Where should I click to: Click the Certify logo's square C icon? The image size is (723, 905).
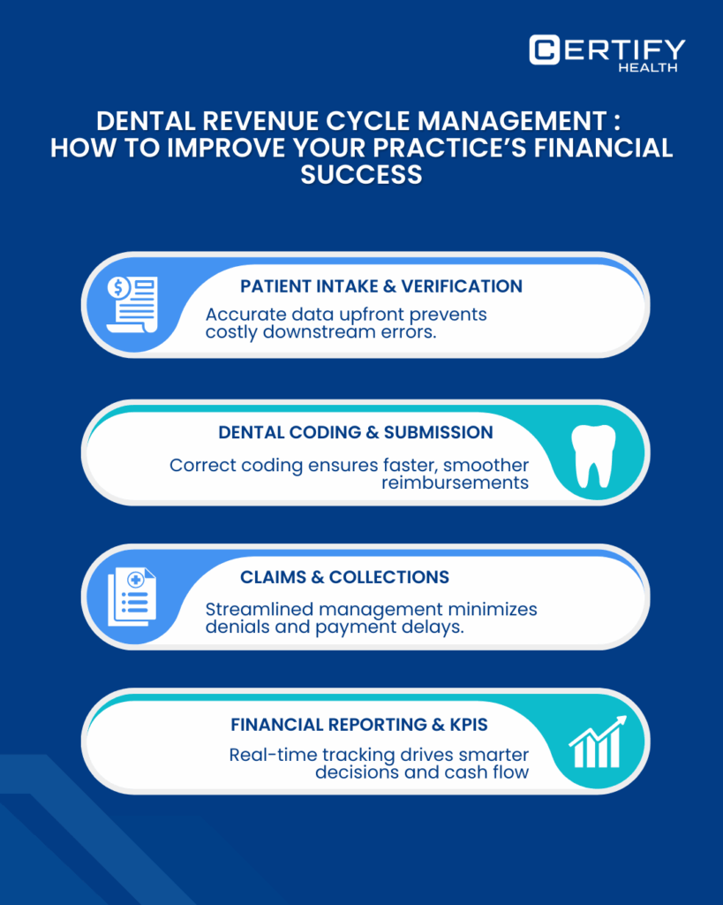[x=544, y=49]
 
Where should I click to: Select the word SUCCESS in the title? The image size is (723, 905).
[x=361, y=174]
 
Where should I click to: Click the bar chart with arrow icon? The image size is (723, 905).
[x=598, y=742]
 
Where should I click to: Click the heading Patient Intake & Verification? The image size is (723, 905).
[x=381, y=286]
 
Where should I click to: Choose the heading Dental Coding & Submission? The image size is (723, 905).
[x=356, y=433]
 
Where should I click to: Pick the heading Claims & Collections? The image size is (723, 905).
[x=344, y=577]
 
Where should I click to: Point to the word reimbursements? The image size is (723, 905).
[x=456, y=483]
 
